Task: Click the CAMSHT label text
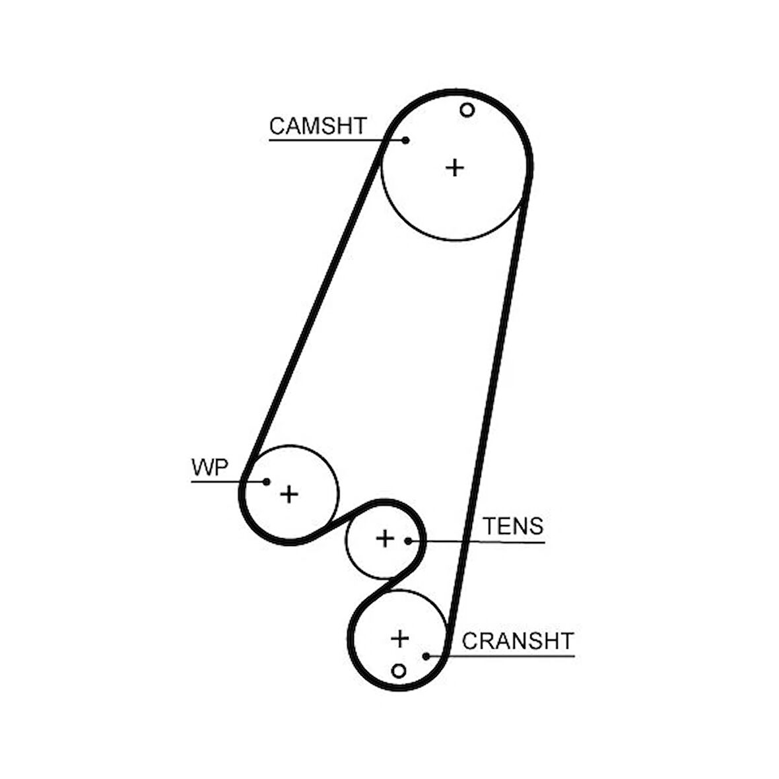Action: coord(318,126)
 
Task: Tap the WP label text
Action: coord(210,467)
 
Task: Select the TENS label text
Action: coord(514,526)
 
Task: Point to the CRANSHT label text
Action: coord(518,641)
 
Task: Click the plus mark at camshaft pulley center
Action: coord(455,168)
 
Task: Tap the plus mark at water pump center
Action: coord(289,494)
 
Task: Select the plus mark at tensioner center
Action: coord(385,539)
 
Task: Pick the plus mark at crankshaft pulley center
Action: coord(400,638)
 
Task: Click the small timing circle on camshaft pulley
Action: coord(467,110)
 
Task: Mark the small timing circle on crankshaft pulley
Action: coord(399,671)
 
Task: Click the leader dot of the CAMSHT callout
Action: coord(405,141)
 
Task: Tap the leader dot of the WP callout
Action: coord(266,481)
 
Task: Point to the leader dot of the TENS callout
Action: coord(409,541)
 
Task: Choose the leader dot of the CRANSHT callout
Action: coord(426,656)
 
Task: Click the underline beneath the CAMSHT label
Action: coord(337,141)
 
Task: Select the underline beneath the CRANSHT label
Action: coord(500,656)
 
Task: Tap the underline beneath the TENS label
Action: coord(477,541)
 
